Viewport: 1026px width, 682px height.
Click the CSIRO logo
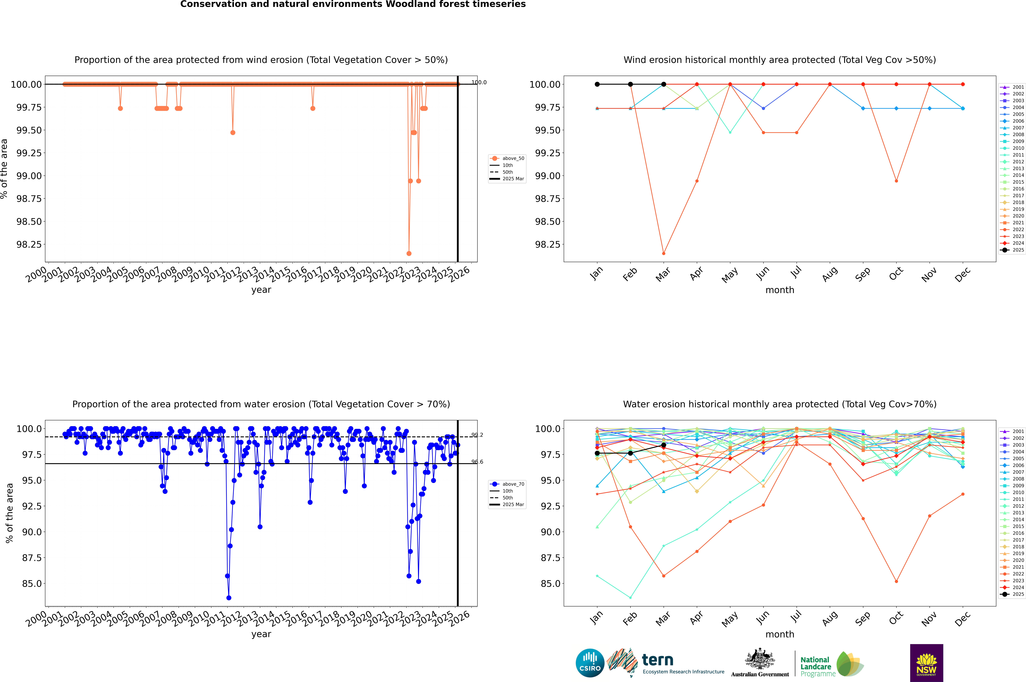[x=590, y=663]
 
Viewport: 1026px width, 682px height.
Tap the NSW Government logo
[x=926, y=663]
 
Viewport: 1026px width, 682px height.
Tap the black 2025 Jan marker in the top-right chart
[x=597, y=84]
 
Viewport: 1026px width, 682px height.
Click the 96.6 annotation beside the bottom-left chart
[x=477, y=462]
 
